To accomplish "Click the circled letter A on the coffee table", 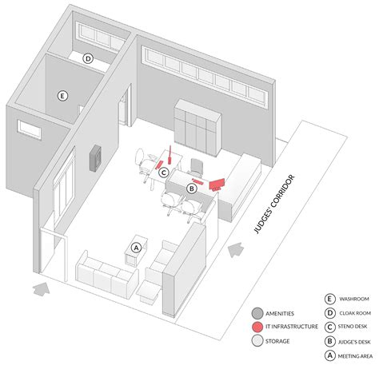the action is (136, 248).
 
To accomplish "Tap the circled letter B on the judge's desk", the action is (191, 188).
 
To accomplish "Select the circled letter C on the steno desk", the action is (164, 173).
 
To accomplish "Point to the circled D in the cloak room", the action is (88, 58).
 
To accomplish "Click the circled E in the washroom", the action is (62, 96).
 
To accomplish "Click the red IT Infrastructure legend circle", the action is (257, 327).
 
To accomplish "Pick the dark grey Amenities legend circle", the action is (257, 313).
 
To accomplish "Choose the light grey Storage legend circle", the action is (257, 341).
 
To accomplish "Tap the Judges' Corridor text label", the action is (274, 204).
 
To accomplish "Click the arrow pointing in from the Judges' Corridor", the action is (236, 250).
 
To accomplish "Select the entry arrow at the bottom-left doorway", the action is (42, 288).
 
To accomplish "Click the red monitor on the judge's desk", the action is (217, 184).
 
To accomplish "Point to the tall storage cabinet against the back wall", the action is (197, 127).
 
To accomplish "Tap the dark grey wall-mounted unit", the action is (95, 158).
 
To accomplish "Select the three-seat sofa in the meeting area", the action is (106, 273).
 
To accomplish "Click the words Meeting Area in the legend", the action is (355, 356).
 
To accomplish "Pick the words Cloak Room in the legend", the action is (355, 313).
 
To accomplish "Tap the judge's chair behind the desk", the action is (196, 167).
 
